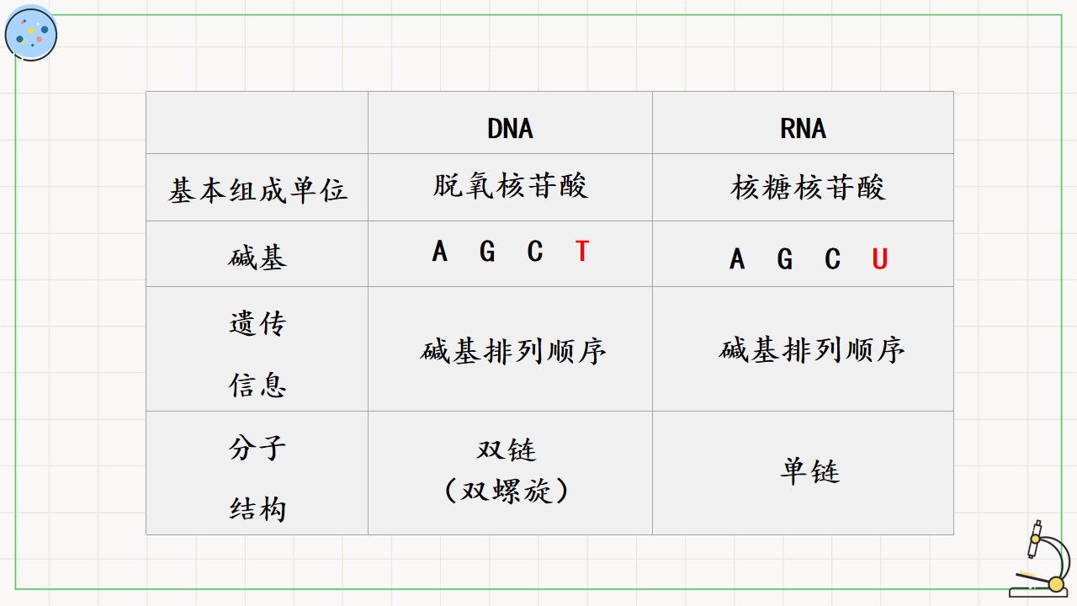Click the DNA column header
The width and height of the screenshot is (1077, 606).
510,129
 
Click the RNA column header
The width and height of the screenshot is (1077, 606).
803,129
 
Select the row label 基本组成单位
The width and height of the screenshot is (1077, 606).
257,190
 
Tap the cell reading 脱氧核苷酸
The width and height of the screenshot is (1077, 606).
510,186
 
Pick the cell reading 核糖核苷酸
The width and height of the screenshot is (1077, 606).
808,187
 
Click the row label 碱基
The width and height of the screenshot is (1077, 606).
257,257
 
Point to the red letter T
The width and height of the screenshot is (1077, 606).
582,251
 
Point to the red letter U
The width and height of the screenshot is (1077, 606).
880,258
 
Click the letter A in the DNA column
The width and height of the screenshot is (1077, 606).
439,251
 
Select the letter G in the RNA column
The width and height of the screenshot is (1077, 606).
785,258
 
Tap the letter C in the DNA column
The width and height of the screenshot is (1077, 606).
535,251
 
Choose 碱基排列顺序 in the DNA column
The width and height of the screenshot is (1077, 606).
512,351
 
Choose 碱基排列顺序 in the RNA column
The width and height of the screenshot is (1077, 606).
812,349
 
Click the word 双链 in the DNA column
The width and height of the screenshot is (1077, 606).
507,450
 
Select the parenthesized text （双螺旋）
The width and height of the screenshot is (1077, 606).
507,491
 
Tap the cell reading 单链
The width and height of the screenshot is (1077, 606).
809,470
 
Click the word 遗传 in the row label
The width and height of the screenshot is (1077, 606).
257,323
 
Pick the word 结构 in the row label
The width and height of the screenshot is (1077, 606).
257,509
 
